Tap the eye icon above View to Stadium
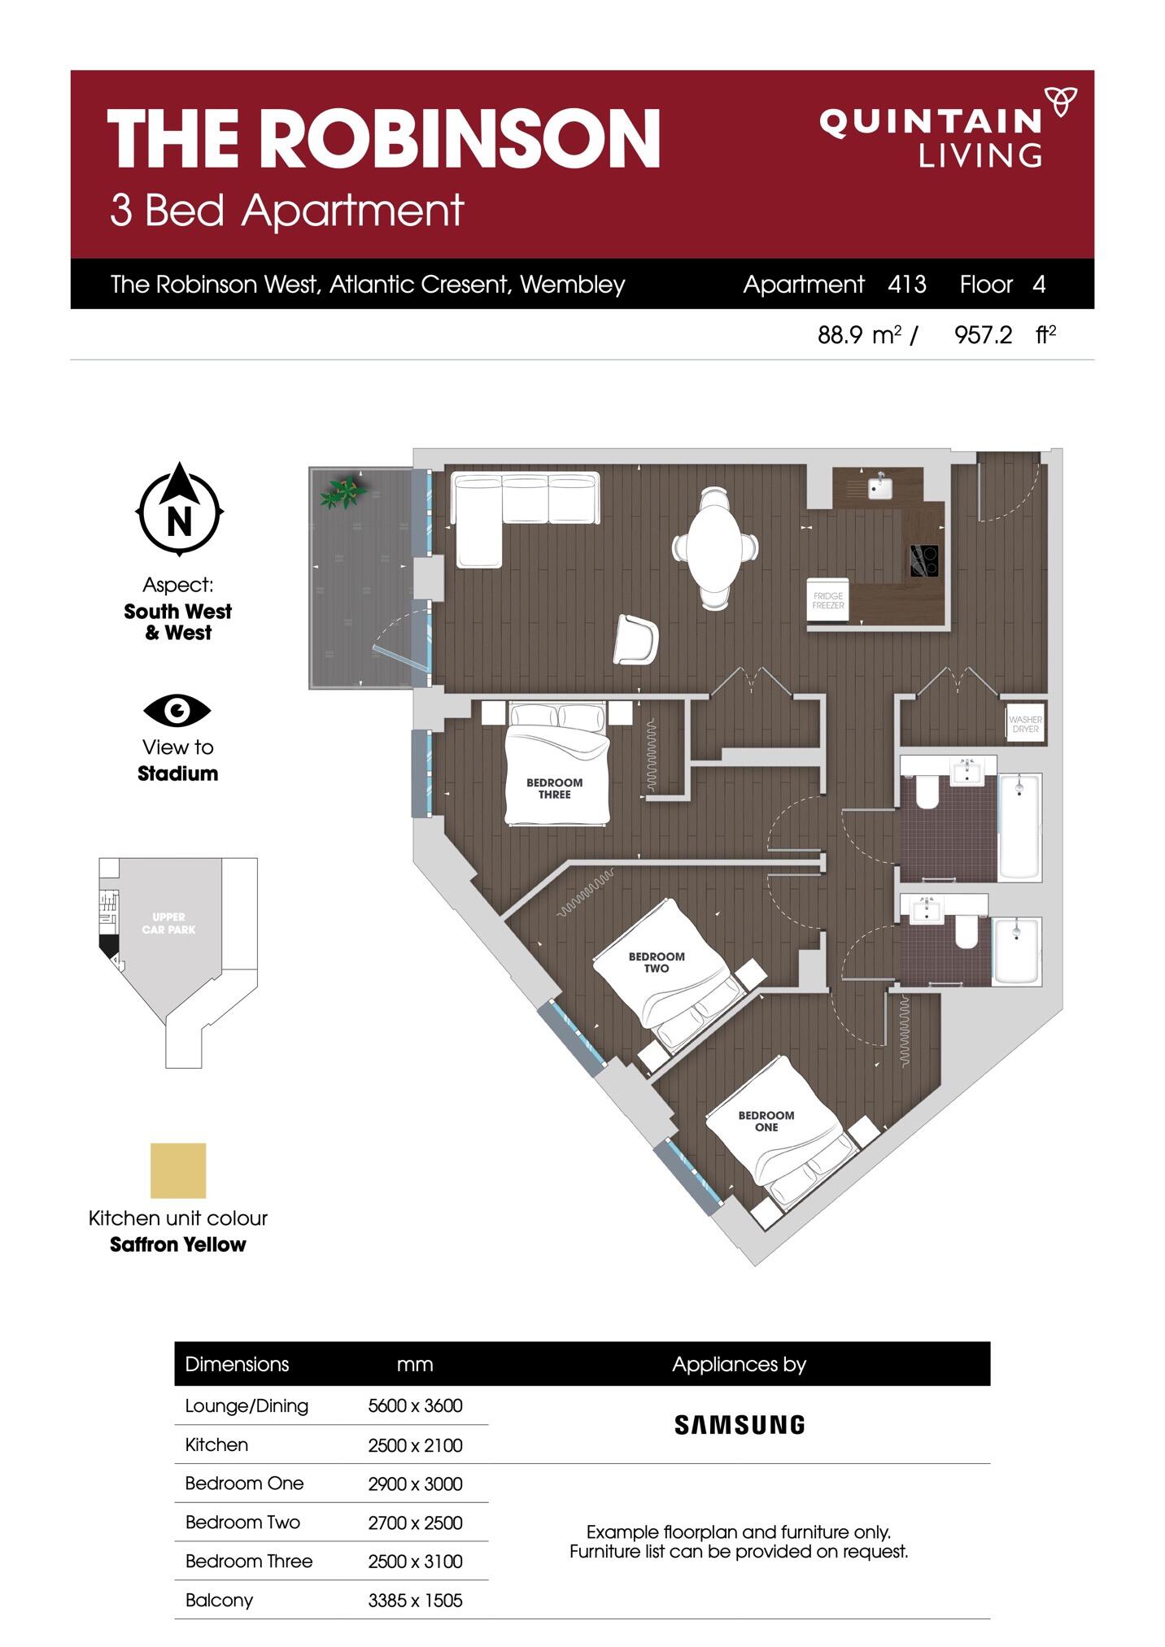(x=177, y=711)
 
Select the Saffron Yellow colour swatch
(x=178, y=1170)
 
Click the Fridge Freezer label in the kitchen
(x=828, y=601)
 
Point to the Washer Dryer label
(x=1025, y=724)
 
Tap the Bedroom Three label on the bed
(x=555, y=788)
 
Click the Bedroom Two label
(x=657, y=962)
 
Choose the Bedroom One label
(x=766, y=1121)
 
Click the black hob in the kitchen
(x=924, y=560)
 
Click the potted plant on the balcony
(x=343, y=491)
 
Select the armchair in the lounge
(x=635, y=639)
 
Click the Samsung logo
(x=740, y=1424)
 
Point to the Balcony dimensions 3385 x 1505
(x=415, y=1600)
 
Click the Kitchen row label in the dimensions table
(x=216, y=1444)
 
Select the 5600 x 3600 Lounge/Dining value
(x=415, y=1405)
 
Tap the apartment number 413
(x=907, y=284)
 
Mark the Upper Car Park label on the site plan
(x=168, y=923)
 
